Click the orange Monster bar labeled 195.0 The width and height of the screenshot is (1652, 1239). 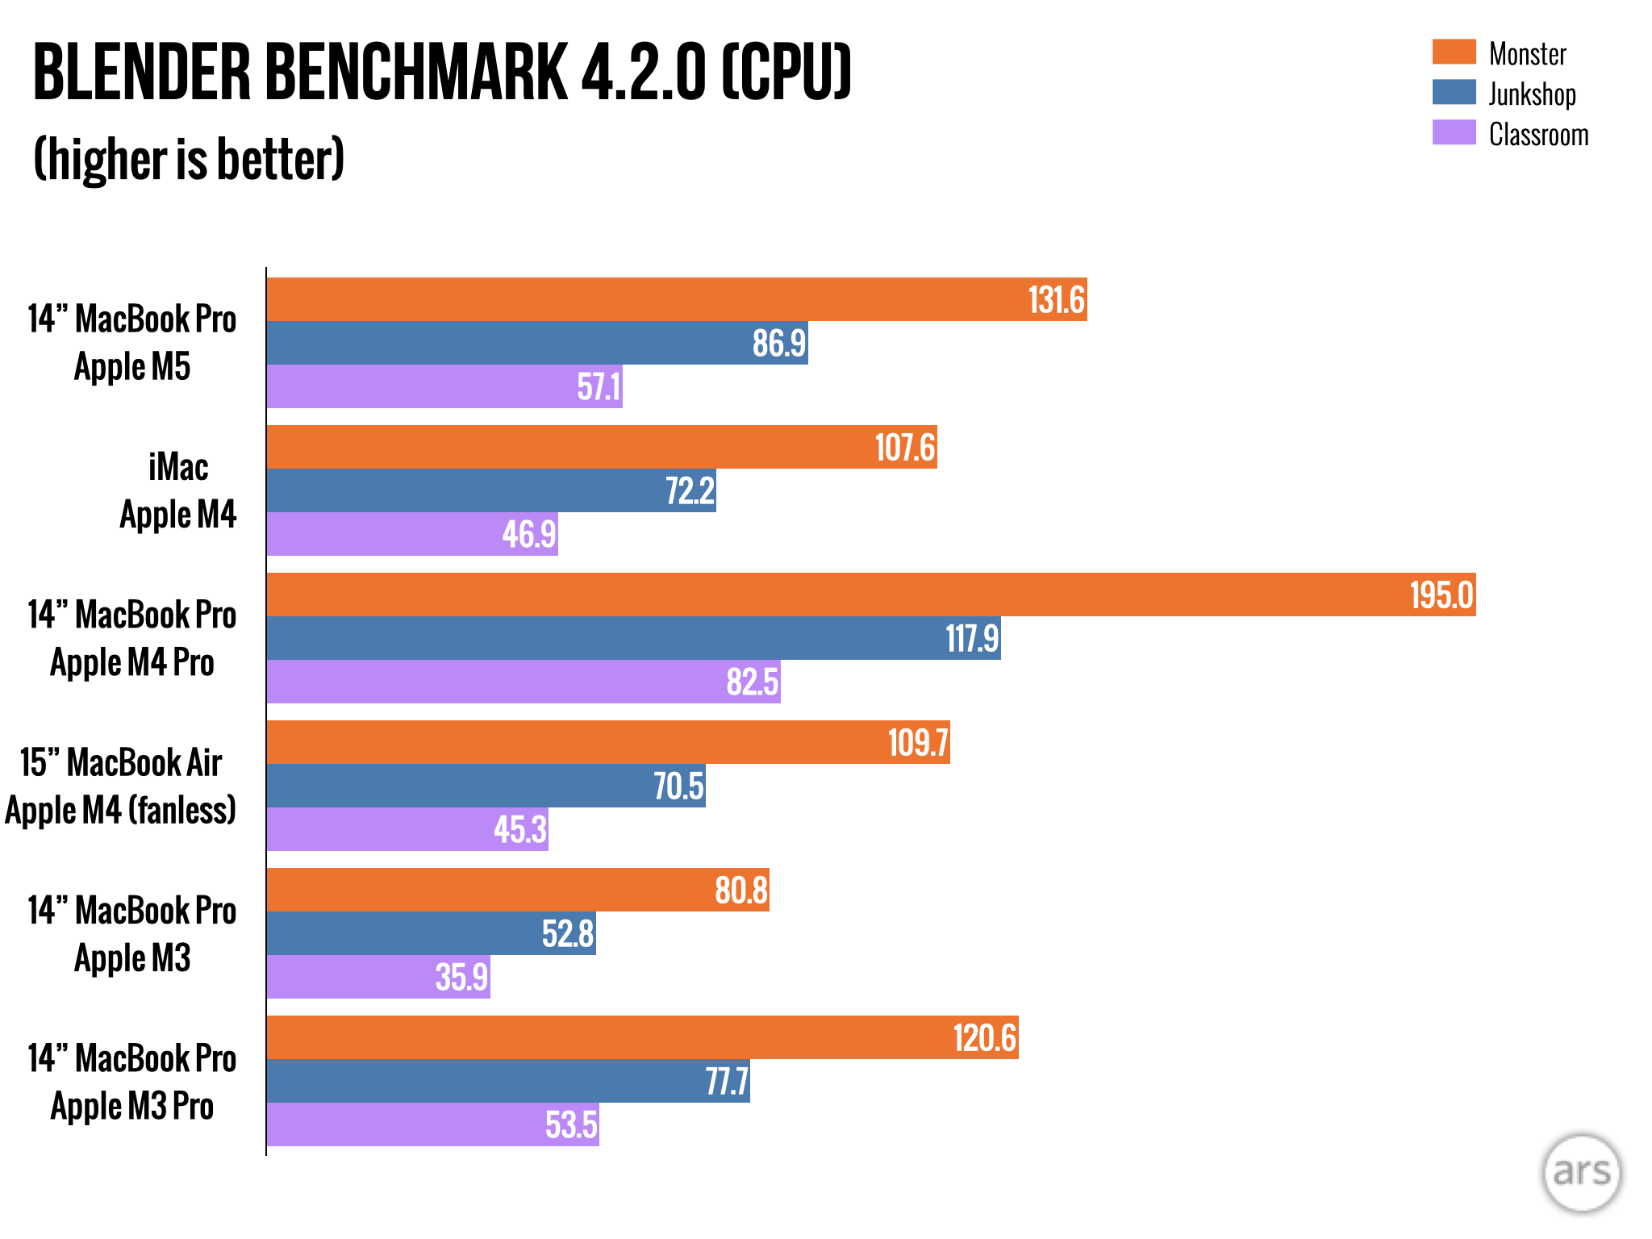coord(871,594)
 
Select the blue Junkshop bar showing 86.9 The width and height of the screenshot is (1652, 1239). coord(537,343)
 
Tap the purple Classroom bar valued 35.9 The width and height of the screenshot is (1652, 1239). coord(378,977)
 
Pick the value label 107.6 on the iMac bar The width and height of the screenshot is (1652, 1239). coord(905,448)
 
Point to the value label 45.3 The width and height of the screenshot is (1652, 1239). coord(520,829)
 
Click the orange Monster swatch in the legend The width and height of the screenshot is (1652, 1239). coord(1454,52)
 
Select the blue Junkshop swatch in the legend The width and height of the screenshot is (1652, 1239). coord(1454,92)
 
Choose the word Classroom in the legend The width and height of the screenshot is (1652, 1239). coord(1538,135)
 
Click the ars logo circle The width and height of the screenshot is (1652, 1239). coord(1581,1172)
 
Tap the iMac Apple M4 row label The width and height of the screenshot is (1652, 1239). coord(177,490)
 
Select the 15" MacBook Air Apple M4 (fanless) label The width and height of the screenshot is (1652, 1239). coord(121,786)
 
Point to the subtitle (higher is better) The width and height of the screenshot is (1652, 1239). coord(189,159)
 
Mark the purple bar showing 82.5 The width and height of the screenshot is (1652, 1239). coord(524,682)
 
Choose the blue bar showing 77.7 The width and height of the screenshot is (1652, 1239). coord(508,1081)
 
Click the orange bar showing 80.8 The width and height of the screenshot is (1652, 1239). coord(518,890)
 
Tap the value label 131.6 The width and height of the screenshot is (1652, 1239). coord(1056,300)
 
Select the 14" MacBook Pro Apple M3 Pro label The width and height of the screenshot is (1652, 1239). coord(132,1082)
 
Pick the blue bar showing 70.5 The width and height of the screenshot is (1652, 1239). coord(486,786)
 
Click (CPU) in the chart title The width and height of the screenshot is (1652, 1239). coord(786,73)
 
